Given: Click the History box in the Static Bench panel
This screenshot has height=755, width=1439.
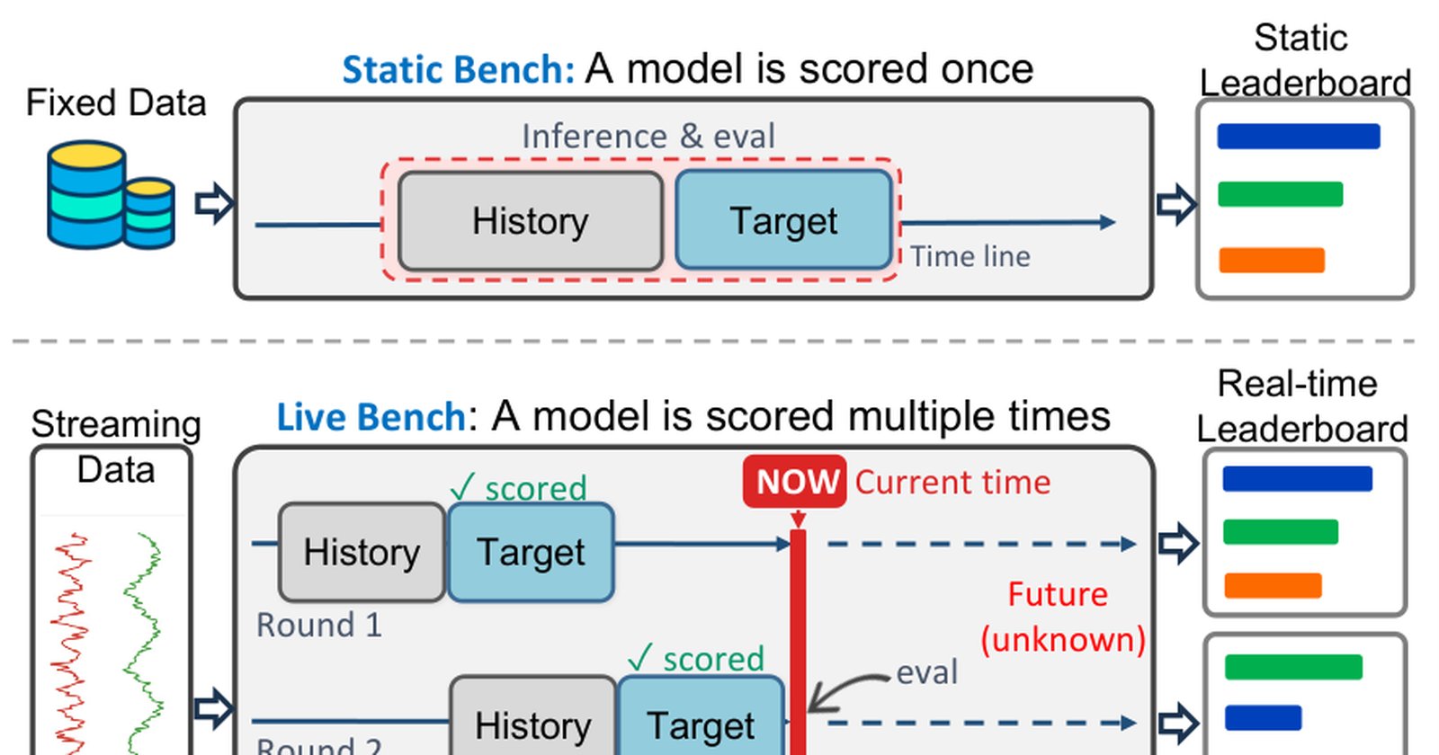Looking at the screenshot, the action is tap(530, 221).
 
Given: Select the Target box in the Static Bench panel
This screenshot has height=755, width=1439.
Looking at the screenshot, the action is tap(783, 219).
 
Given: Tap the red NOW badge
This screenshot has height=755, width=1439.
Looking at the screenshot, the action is tap(795, 482).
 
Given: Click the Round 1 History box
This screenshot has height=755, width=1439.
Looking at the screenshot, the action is tap(362, 552).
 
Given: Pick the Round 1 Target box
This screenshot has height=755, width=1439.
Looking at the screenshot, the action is tap(531, 552).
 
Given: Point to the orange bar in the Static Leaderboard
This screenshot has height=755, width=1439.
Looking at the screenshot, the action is tap(1272, 260).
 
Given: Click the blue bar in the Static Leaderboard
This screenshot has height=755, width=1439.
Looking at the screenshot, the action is tap(1299, 136).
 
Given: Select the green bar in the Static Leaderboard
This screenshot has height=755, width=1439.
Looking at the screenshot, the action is tap(1280, 194).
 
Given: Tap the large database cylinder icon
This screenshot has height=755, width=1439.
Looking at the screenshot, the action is tap(86, 194).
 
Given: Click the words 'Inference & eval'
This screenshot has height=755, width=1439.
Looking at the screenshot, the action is tap(648, 136).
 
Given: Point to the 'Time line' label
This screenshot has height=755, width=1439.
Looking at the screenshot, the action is tap(970, 257).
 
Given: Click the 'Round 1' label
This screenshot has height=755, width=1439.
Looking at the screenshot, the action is tap(319, 625).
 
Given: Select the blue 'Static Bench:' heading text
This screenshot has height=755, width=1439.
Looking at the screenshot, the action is tap(458, 69).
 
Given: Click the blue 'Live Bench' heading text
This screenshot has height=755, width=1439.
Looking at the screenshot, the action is tap(371, 417).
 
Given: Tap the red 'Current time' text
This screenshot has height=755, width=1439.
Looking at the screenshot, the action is tap(952, 482).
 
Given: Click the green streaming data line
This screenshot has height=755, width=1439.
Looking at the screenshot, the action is tap(143, 642).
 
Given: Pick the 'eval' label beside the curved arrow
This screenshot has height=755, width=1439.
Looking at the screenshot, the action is tap(926, 672).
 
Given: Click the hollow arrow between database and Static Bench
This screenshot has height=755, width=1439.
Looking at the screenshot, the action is tap(214, 203).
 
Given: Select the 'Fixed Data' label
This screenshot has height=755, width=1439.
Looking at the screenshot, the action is tap(116, 102).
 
